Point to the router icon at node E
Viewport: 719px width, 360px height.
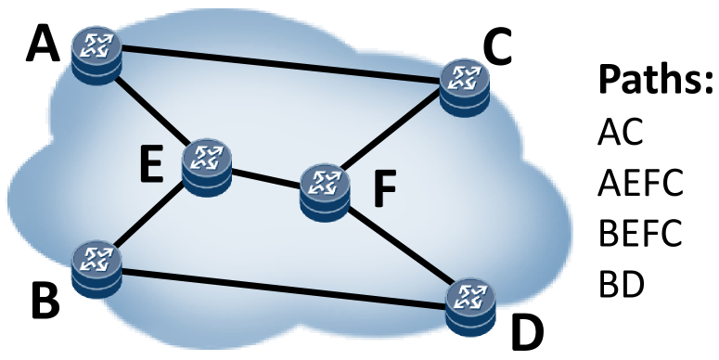[205, 165]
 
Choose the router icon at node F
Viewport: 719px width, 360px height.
[324, 189]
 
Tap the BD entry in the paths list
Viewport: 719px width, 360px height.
[621, 279]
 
